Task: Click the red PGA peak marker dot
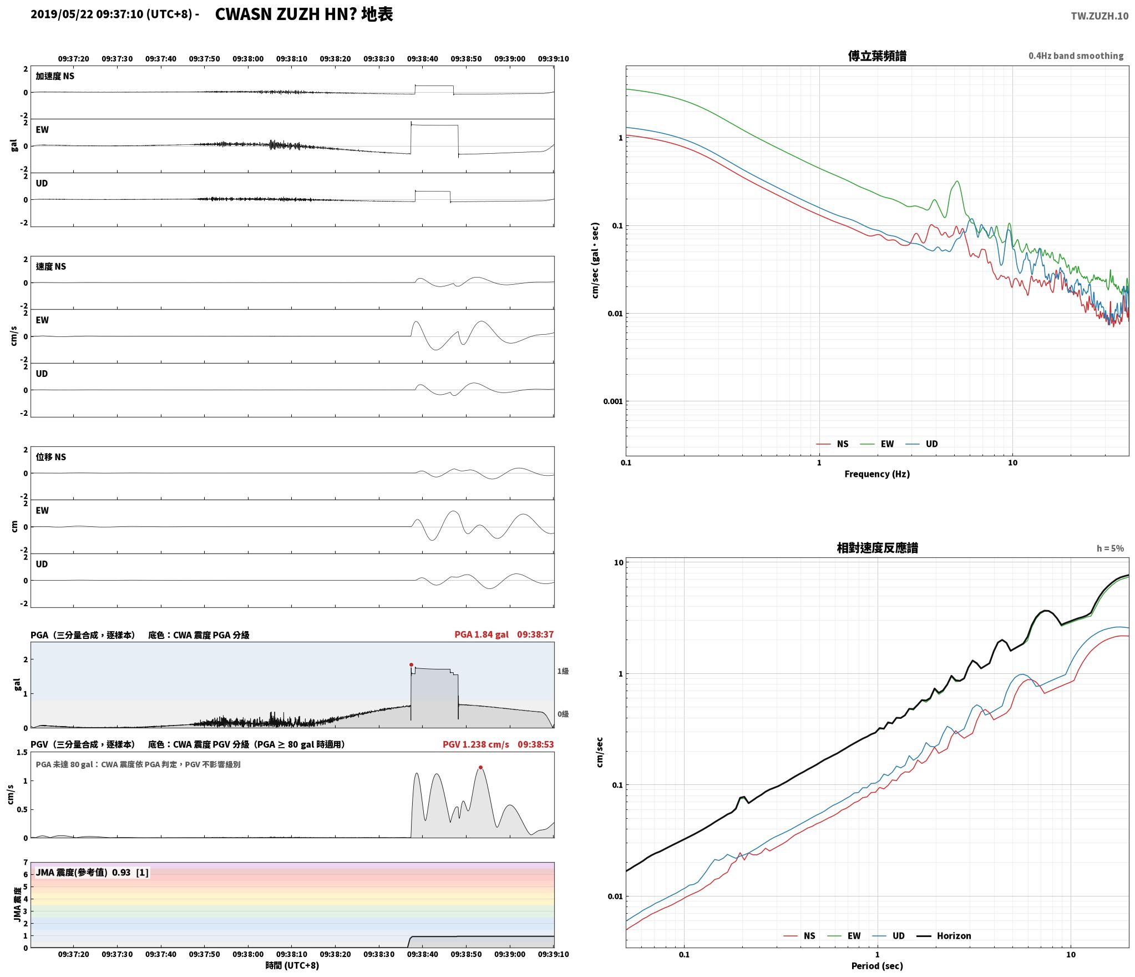tap(411, 664)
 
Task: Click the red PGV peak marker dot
tap(480, 768)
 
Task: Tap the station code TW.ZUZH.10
tap(1099, 16)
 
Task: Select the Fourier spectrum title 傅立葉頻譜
tap(877, 56)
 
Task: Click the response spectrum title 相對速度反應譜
tap(877, 548)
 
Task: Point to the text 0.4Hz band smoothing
tap(1076, 56)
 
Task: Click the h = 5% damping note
tap(1110, 548)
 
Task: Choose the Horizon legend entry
tap(944, 936)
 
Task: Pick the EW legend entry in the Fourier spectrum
tap(878, 444)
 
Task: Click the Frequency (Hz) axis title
tap(877, 474)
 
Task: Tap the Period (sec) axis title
tap(877, 966)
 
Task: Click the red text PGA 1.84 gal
tap(481, 634)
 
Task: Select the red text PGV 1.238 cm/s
tap(475, 744)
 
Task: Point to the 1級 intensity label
tap(563, 671)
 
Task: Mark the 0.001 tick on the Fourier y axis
tap(613, 401)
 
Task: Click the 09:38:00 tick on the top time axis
tap(248, 59)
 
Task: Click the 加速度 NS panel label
tap(55, 76)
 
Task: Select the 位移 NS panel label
tap(51, 457)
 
